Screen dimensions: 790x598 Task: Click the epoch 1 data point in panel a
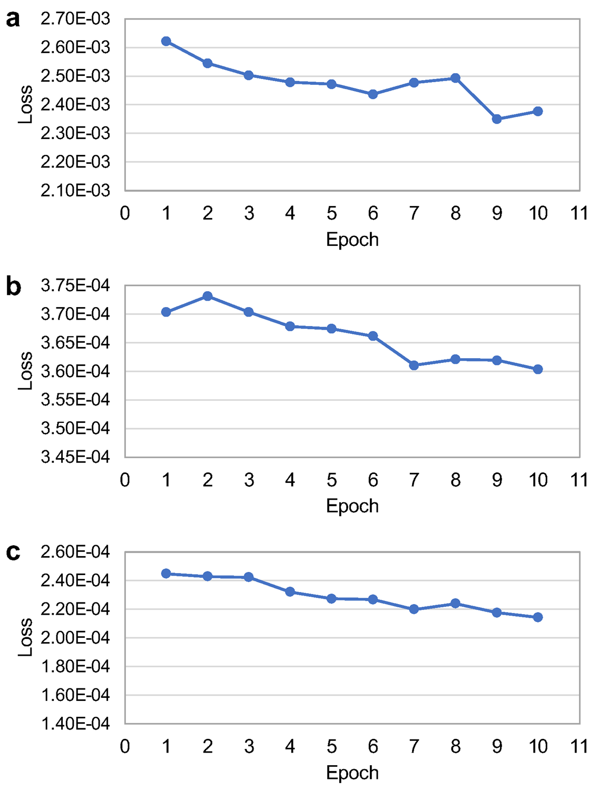click(166, 41)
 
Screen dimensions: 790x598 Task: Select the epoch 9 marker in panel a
click(497, 119)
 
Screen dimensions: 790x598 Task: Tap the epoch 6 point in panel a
click(373, 94)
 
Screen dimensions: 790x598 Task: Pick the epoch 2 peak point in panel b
click(208, 296)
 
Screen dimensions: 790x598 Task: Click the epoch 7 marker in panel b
click(414, 365)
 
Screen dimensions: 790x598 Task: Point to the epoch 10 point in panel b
click(538, 369)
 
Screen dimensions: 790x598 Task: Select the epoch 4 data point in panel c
click(290, 592)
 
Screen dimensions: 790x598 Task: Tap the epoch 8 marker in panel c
click(455, 603)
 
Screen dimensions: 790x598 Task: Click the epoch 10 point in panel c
click(538, 617)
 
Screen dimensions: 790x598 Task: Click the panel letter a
click(13, 19)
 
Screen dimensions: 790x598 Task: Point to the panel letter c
click(13, 552)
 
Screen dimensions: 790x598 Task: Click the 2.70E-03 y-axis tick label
click(75, 19)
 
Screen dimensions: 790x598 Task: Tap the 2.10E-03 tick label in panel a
click(75, 190)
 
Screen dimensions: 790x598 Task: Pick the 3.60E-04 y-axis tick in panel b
click(75, 371)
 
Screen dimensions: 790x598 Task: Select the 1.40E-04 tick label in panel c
click(75, 724)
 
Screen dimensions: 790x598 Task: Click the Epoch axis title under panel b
click(352, 506)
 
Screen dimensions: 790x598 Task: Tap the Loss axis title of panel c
click(25, 637)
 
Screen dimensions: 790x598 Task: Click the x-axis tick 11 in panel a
click(579, 213)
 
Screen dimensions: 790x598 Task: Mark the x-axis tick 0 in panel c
click(125, 746)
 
